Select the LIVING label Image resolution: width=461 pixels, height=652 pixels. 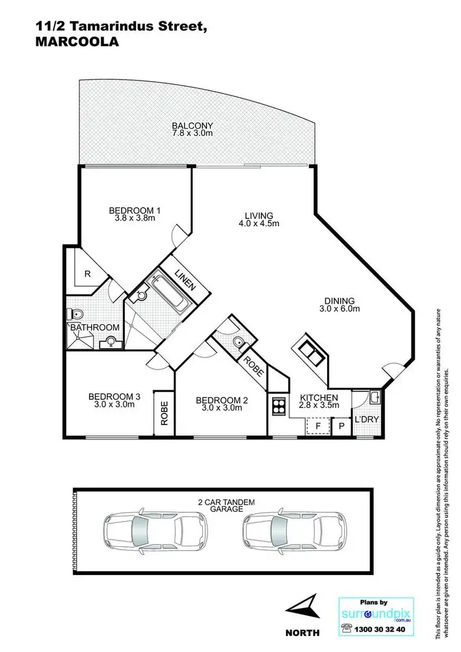(259, 215)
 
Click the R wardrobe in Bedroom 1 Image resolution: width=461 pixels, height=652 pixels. (88, 274)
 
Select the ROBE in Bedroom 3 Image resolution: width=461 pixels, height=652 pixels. (165, 413)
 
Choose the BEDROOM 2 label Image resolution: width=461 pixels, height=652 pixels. (221, 401)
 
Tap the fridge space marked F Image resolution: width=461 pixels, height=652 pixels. (318, 425)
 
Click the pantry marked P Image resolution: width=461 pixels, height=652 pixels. (341, 425)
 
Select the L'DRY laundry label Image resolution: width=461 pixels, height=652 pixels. (367, 420)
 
